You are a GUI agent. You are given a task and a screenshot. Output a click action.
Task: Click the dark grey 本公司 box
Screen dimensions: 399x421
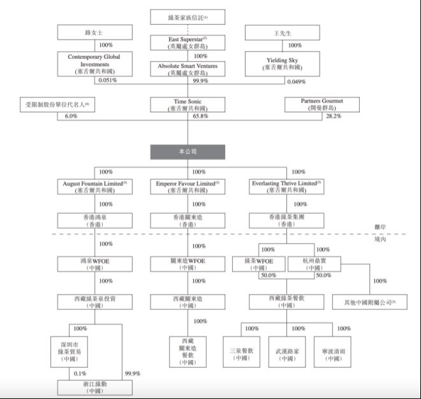click(x=188, y=152)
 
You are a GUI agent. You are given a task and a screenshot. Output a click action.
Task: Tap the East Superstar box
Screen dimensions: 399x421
click(x=188, y=43)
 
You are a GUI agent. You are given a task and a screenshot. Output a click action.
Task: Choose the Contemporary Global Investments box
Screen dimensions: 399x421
click(x=94, y=64)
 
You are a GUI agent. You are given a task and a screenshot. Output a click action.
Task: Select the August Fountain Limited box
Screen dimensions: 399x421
click(x=95, y=186)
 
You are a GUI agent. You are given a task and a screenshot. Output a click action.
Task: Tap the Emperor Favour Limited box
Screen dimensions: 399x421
click(x=188, y=186)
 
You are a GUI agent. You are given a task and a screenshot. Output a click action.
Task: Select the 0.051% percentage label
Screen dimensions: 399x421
click(x=108, y=82)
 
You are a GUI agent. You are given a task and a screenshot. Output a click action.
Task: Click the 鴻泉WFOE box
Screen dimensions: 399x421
click(x=95, y=265)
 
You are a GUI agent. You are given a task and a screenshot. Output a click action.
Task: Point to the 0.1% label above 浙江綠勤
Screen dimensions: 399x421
click(x=80, y=374)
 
